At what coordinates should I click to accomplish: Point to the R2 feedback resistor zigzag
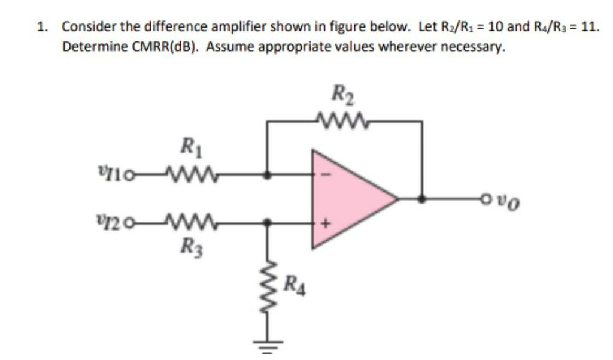[x=344, y=122]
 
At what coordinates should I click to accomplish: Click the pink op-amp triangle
[x=347, y=198]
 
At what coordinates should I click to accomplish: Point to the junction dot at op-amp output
[x=423, y=199]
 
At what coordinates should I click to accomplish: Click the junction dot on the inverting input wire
[x=269, y=175]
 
